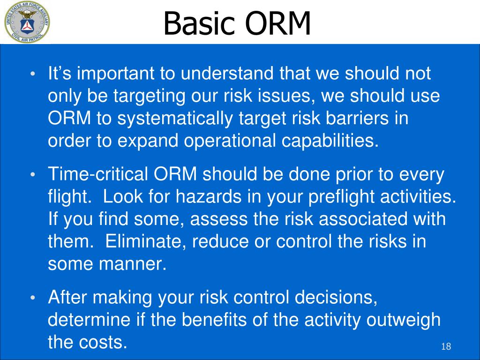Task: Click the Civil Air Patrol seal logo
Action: pos(27,22)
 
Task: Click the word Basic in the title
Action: pos(200,23)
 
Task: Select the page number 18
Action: pos(446,346)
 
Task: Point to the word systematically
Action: pos(175,119)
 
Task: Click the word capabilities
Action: pos(330,142)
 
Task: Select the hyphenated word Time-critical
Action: pos(98,174)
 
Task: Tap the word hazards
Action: pos(209,196)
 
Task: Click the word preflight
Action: pos(341,197)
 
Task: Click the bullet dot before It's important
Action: pos(33,75)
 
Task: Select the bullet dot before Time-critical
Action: pos(33,175)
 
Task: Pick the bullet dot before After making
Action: pos(33,298)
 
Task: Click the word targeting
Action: pos(150,97)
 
